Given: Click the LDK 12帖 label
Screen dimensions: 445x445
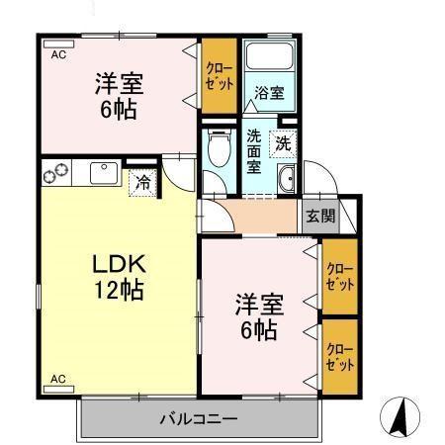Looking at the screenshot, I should click(x=120, y=278).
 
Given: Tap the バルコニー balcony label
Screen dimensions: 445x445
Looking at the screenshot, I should click(x=199, y=418).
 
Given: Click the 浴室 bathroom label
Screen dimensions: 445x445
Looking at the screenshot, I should click(x=269, y=94).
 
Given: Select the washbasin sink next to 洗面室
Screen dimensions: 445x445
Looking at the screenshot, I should click(x=288, y=179).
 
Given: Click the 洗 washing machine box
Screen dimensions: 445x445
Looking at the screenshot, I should click(x=284, y=142).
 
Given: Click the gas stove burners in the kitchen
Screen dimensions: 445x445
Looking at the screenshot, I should click(x=55, y=173).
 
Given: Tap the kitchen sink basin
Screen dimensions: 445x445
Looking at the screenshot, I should click(x=102, y=173).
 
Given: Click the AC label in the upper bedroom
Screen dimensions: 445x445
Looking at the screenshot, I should click(x=58, y=55).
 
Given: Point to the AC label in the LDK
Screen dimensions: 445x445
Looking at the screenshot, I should click(x=58, y=378).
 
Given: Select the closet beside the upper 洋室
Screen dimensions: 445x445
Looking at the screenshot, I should click(x=219, y=76).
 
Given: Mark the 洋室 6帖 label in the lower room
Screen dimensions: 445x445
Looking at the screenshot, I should click(x=255, y=313).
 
